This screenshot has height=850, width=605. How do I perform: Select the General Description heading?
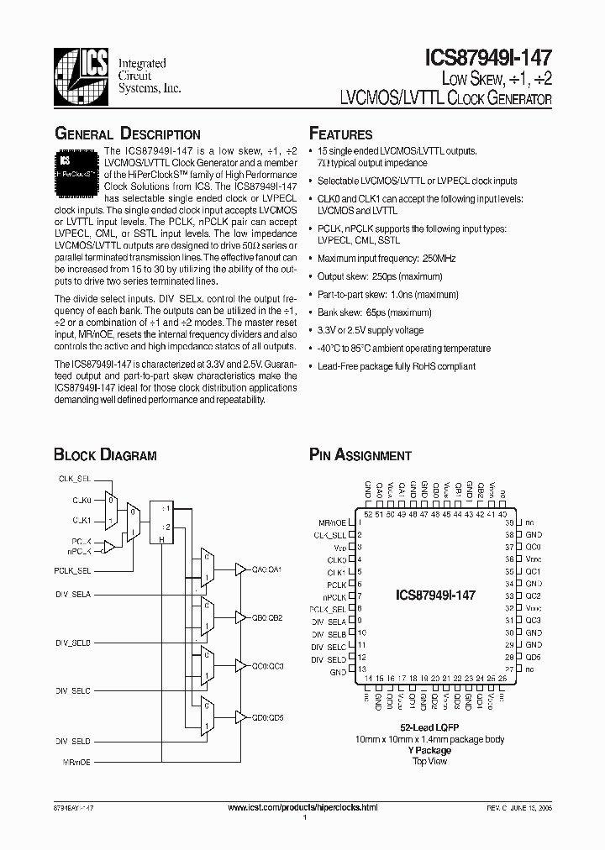click(x=127, y=134)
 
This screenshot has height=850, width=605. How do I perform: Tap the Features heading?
click(x=340, y=134)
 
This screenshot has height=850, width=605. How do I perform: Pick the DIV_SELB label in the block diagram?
click(x=73, y=642)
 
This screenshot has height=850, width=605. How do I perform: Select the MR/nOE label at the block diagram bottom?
click(x=76, y=761)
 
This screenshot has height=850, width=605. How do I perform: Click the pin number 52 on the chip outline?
click(x=367, y=514)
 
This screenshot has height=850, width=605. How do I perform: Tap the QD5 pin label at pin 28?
click(x=532, y=656)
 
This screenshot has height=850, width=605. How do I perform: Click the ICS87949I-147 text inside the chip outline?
click(x=435, y=595)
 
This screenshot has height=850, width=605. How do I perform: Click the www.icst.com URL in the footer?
click(x=302, y=806)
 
